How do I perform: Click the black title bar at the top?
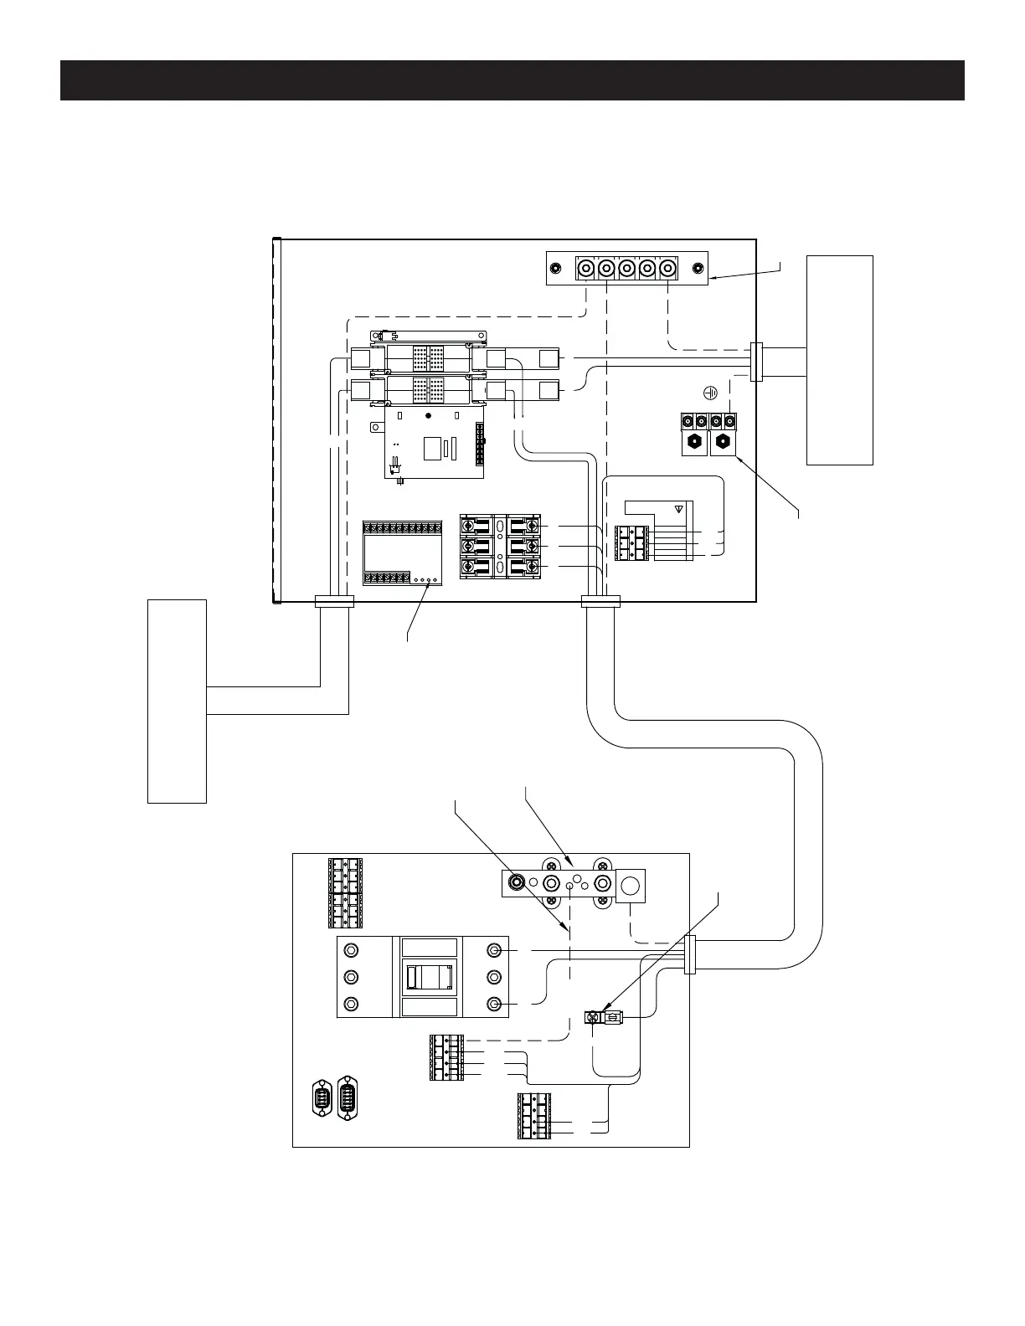[x=512, y=80]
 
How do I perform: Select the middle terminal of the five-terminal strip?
[x=626, y=269]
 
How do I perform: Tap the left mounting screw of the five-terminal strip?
[x=556, y=269]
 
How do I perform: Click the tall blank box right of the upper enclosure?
[x=839, y=360]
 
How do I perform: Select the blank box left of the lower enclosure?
[x=177, y=701]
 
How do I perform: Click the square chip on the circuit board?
[x=432, y=448]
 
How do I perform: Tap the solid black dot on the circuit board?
[x=428, y=416]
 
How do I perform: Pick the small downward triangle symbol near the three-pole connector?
[x=679, y=508]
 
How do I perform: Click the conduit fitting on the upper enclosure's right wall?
[x=756, y=362]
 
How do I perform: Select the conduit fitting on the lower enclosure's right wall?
[x=690, y=955]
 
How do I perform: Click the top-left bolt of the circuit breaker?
[x=352, y=951]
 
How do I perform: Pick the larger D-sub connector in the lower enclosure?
[x=346, y=1097]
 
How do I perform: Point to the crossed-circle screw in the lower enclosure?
[x=594, y=1018]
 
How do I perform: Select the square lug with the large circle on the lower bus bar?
[x=632, y=885]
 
